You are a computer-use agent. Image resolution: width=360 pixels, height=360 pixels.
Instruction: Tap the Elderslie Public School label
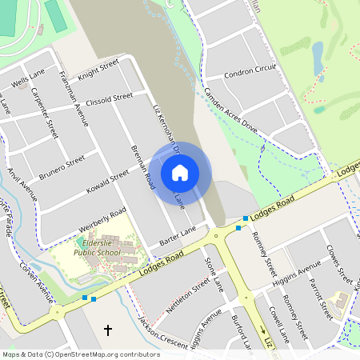click(x=98, y=247)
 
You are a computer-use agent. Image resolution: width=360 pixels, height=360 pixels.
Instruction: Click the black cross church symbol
click(x=108, y=330)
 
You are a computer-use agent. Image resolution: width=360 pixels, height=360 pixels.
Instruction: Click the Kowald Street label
click(x=106, y=183)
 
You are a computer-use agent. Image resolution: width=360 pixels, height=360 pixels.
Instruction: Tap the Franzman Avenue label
click(x=74, y=101)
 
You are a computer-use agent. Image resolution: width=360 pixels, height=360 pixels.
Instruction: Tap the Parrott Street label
click(x=322, y=297)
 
